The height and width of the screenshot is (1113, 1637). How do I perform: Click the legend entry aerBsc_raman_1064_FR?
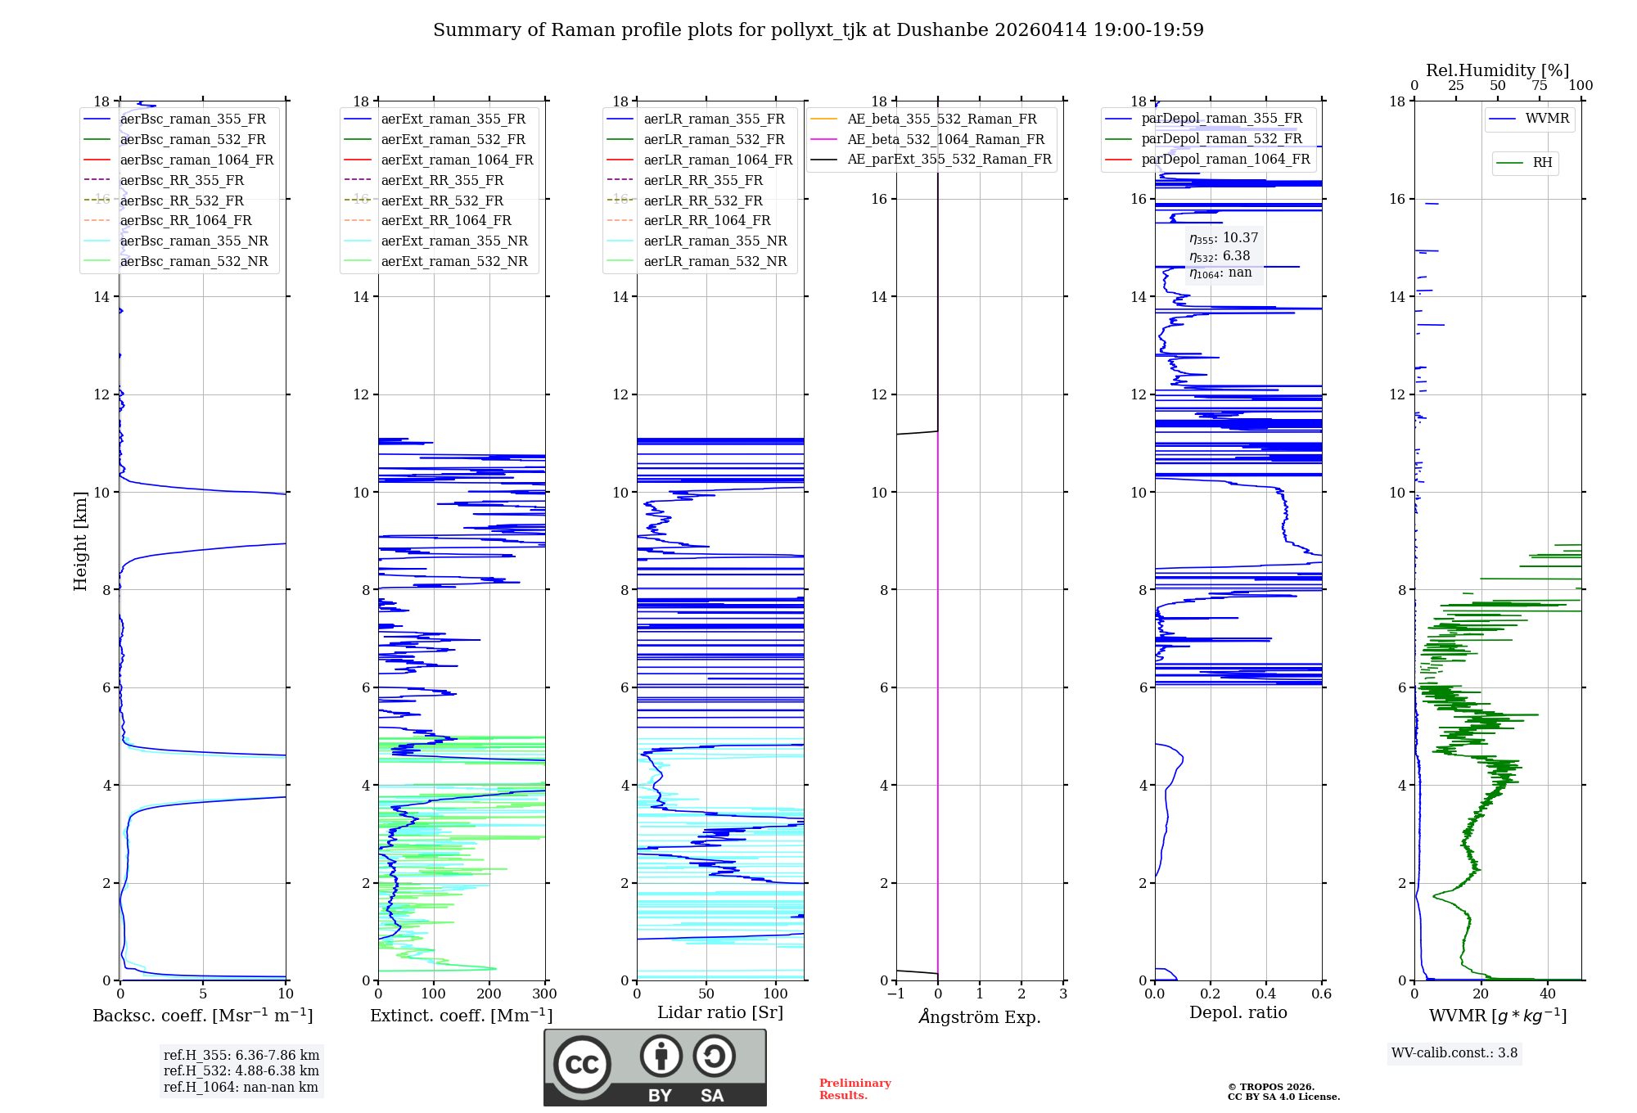(196, 160)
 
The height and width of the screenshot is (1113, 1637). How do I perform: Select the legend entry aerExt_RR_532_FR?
(442, 201)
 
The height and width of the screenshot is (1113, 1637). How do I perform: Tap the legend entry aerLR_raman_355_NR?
(715, 241)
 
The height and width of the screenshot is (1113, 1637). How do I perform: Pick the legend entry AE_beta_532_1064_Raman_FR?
(945, 139)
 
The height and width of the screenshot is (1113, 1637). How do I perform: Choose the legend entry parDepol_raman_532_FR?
(1221, 138)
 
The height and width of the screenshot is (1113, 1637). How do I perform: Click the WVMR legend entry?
(1547, 119)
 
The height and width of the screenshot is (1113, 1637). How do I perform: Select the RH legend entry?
(1542, 162)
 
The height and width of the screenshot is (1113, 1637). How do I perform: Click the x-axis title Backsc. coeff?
(202, 1016)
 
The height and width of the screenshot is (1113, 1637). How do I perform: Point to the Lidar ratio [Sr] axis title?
(720, 1012)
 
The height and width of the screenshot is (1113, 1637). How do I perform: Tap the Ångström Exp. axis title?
(980, 1016)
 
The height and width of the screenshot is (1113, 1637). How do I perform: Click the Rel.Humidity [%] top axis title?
(1497, 70)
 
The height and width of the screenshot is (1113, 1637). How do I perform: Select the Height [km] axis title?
(80, 540)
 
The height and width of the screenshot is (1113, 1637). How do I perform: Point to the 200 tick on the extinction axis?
(489, 994)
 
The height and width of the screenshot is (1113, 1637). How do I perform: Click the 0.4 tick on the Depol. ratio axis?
(1265, 994)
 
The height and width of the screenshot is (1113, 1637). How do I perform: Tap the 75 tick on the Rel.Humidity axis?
(1539, 86)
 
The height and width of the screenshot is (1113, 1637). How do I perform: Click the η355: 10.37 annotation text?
(1224, 238)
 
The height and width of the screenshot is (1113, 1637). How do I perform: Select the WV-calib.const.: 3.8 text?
(1454, 1053)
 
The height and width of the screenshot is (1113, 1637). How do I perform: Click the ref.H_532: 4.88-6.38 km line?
(241, 1070)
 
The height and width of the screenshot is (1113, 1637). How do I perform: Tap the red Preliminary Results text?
(855, 1089)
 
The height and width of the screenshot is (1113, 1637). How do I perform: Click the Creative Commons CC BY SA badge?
(655, 1067)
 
